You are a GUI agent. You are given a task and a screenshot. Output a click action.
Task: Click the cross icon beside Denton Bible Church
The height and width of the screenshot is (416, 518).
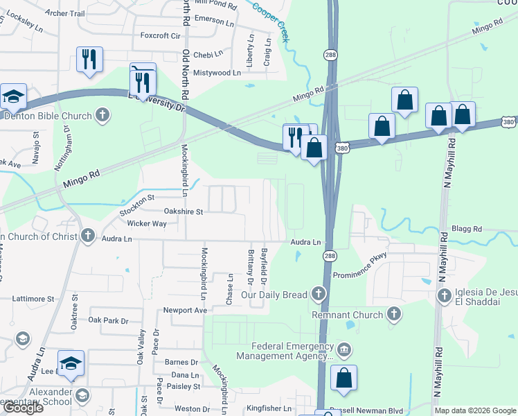coord(102,115)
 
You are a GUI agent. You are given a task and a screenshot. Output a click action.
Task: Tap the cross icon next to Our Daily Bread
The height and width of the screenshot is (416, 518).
coord(319,295)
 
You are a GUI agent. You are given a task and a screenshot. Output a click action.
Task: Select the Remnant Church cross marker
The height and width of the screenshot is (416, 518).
coord(393,315)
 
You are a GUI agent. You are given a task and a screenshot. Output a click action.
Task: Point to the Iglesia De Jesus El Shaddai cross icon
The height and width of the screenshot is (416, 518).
coord(445,296)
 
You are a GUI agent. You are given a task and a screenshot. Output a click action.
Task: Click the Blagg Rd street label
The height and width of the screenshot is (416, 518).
coord(465,228)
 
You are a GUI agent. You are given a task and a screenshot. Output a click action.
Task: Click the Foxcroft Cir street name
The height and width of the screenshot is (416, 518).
coord(160,35)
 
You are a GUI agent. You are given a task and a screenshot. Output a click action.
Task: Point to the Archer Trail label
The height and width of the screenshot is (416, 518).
coord(64,13)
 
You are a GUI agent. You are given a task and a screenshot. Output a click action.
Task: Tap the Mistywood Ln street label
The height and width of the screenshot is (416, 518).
coord(217,72)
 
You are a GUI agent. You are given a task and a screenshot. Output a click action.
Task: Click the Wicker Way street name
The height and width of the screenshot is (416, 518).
coord(147,223)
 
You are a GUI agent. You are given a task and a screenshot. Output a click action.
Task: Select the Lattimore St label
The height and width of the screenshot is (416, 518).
coord(32,299)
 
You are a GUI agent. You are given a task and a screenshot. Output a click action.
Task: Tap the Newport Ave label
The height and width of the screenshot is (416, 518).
coord(185,310)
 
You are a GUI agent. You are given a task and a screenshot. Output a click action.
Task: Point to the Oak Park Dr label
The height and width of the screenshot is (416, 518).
coord(109,320)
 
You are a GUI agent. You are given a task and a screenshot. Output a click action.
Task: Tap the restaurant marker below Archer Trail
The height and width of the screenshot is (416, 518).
coord(89,60)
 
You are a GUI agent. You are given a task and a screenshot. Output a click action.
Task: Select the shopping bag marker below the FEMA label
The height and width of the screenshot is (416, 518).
coord(343,379)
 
